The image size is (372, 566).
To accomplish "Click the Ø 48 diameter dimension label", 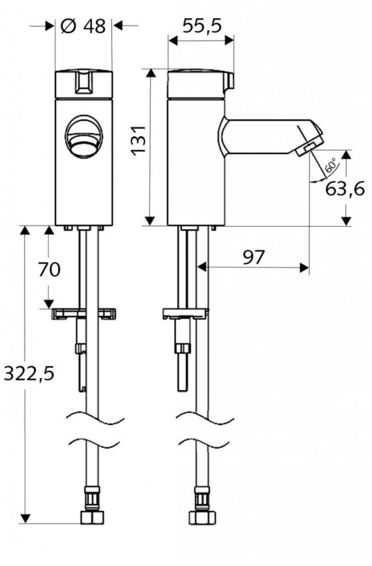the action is (83, 26).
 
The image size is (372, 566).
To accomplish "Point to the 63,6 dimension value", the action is (345, 188).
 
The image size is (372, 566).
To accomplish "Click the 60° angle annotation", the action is (331, 165).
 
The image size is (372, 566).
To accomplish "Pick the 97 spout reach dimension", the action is (253, 257).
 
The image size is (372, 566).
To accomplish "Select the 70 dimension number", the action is (49, 269).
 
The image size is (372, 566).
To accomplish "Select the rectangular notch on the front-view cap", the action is (83, 82).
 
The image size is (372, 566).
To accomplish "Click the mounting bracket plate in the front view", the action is (83, 314).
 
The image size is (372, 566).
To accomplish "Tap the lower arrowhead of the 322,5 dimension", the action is (25, 518).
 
